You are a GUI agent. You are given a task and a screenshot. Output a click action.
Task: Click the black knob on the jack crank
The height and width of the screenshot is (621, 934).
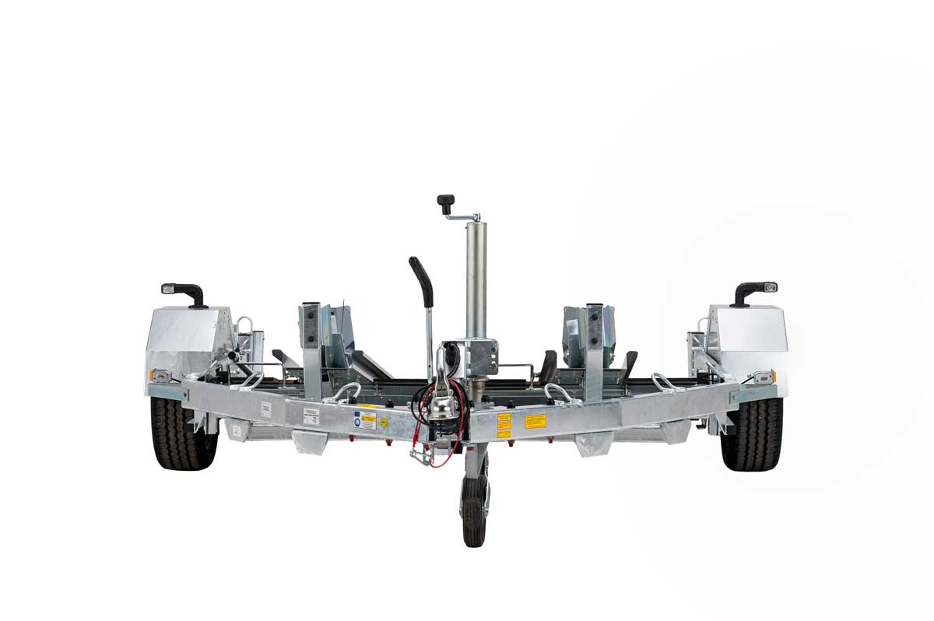click(x=445, y=203)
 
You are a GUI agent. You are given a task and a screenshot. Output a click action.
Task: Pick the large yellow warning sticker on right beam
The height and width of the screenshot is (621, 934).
click(x=535, y=421)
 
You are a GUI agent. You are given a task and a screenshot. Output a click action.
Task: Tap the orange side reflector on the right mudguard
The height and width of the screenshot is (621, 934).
click(x=764, y=377)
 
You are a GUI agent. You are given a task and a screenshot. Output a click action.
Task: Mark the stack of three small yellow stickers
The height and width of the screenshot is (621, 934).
click(x=504, y=424)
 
